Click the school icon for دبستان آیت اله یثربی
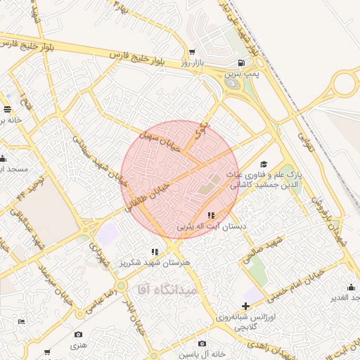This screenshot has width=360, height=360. click(211, 216)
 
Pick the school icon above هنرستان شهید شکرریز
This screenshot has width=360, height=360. click(155, 252)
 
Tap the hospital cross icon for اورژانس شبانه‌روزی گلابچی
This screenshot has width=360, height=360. click(245, 306)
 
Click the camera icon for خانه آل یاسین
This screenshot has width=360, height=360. click(202, 343)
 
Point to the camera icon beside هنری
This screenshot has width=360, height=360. click(78, 334)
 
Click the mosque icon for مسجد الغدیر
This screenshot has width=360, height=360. click(350, 287)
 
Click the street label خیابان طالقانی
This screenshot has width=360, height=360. click(148, 194)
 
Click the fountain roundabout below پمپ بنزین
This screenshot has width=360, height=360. click(232, 84)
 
